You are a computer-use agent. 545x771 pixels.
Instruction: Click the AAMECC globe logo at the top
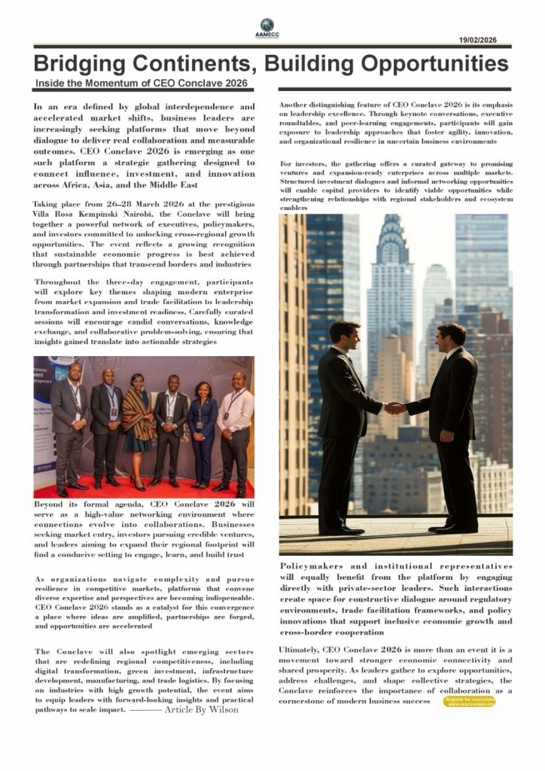pos(267,26)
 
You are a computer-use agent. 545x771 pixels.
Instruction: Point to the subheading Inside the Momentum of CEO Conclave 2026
pos(140,83)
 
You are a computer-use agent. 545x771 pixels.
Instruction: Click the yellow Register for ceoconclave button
pos(470,701)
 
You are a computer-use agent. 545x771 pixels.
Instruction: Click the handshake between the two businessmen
pos(394,407)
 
